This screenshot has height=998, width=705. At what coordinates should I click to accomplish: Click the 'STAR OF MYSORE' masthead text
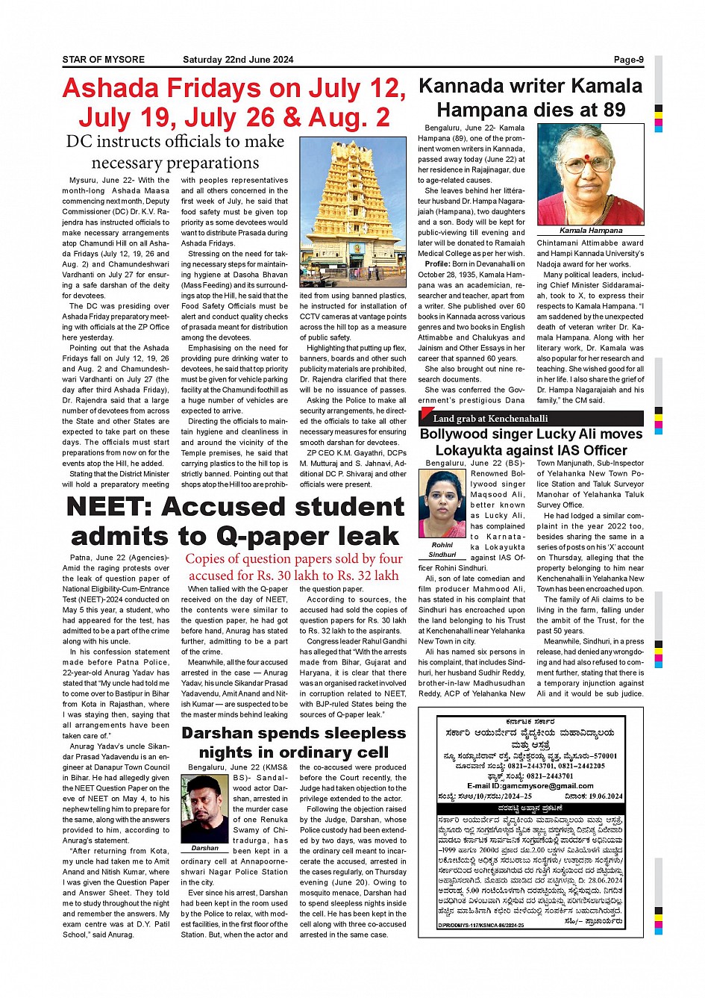coord(103,60)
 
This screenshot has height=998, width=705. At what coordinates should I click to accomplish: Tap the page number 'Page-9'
coord(628,60)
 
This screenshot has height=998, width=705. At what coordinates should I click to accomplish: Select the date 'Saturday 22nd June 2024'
coord(238,60)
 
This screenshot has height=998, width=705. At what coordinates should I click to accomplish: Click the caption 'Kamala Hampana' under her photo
coord(590,231)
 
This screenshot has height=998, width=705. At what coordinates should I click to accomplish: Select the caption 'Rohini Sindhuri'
coord(442,550)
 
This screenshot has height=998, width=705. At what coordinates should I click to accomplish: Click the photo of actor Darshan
coord(204,808)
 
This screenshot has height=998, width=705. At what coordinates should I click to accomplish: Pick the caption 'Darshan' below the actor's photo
coord(204,848)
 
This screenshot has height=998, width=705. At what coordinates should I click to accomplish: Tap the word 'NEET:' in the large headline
coord(109,508)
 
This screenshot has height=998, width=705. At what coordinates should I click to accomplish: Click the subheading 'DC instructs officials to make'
coord(175,142)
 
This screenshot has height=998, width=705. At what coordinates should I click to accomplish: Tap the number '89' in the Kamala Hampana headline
coord(614,110)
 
